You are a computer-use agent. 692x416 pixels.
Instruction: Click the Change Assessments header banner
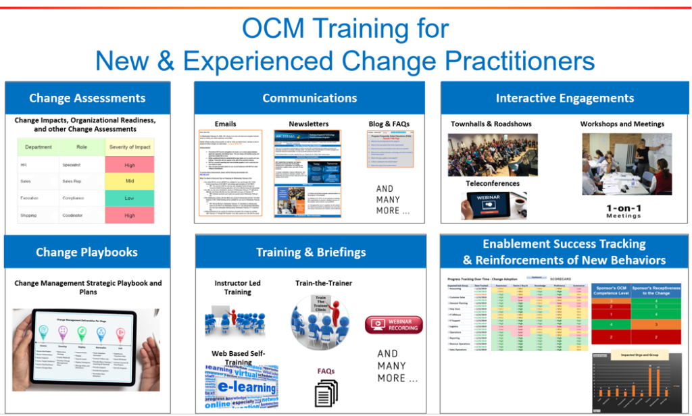coord(87,99)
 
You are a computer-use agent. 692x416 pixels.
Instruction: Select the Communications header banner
coord(310,99)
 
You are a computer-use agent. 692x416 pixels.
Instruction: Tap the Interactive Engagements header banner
coord(565,99)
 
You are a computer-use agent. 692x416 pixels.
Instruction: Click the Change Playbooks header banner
coord(87,253)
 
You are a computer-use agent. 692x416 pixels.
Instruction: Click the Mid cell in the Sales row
coord(130,182)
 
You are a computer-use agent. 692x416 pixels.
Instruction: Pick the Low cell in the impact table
coord(130,199)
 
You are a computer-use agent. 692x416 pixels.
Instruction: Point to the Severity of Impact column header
coord(130,147)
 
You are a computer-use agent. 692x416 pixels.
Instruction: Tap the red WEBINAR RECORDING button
coord(393,324)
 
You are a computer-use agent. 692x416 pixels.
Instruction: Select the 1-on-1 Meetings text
coord(622,211)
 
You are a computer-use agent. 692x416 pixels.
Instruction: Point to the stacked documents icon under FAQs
coord(326,392)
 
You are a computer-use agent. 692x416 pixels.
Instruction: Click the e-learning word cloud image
coord(241,387)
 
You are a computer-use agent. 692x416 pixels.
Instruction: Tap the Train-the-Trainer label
coord(324,283)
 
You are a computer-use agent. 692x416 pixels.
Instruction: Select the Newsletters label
coord(309,124)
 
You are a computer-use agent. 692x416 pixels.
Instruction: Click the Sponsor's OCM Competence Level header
coord(614,291)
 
